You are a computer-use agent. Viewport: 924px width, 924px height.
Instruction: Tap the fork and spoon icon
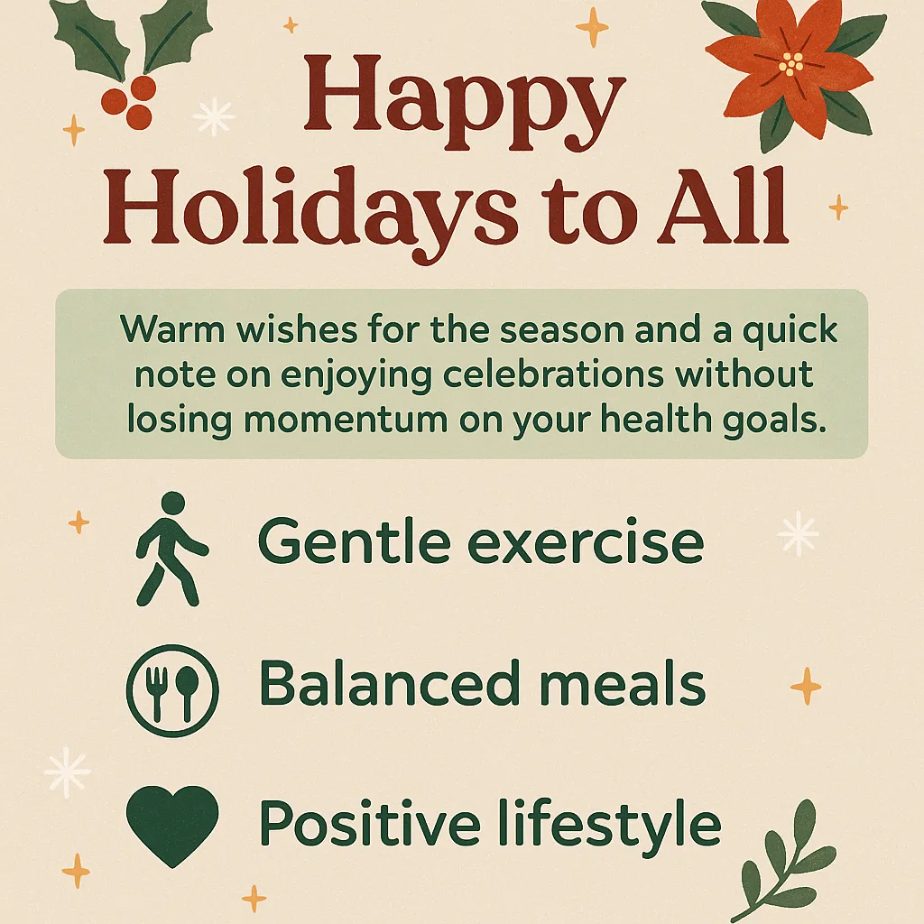pyautogui.click(x=172, y=690)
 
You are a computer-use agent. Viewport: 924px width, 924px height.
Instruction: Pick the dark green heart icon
pyautogui.click(x=171, y=824)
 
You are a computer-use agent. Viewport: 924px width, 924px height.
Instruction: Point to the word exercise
pyautogui.click(x=587, y=542)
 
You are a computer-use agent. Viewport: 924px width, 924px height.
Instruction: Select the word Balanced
pyautogui.click(x=379, y=683)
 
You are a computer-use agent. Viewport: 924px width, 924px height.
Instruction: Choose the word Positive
pyautogui.click(x=372, y=824)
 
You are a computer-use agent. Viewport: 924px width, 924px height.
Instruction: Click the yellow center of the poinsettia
pyautogui.click(x=792, y=64)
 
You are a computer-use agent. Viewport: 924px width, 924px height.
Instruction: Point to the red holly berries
pyautogui.click(x=126, y=105)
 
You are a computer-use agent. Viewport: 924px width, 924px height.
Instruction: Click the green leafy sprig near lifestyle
pyautogui.click(x=780, y=870)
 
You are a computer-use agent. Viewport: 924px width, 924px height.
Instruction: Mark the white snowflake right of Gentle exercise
pyautogui.click(x=798, y=533)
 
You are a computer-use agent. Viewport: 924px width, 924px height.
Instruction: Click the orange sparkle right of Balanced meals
pyautogui.click(x=806, y=687)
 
